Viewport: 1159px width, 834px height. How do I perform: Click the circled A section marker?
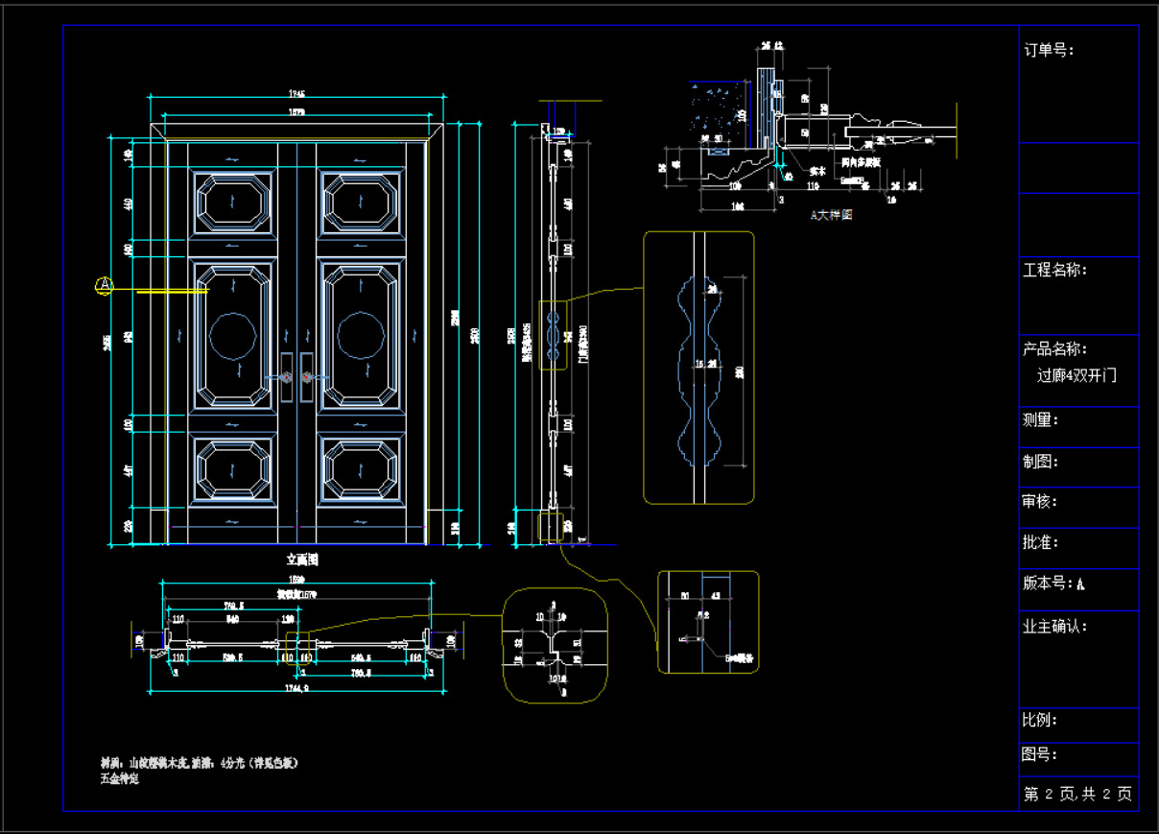click(x=105, y=285)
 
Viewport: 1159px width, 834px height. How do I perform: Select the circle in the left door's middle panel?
click(x=233, y=336)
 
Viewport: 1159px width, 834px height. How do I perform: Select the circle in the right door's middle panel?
click(x=361, y=336)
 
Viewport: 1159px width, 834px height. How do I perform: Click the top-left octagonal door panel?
click(x=232, y=202)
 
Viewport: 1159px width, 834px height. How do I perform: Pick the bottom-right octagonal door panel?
click(x=361, y=467)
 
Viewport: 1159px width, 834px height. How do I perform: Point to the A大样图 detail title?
click(x=831, y=215)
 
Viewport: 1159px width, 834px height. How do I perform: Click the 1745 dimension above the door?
click(x=296, y=94)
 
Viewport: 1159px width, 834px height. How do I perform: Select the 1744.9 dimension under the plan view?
click(x=296, y=688)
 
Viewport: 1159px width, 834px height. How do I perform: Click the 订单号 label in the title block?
click(x=1049, y=50)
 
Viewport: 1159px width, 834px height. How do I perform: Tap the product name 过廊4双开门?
click(x=1076, y=375)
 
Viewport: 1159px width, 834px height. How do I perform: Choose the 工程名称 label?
click(x=1055, y=270)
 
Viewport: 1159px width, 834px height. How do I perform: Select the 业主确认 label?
click(x=1055, y=626)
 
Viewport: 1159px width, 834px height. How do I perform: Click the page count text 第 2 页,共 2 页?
click(x=1077, y=794)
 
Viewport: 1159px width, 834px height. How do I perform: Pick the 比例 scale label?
click(x=1041, y=721)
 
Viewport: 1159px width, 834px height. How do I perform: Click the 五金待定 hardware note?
click(x=120, y=778)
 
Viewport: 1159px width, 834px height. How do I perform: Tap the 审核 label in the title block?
click(x=1041, y=501)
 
